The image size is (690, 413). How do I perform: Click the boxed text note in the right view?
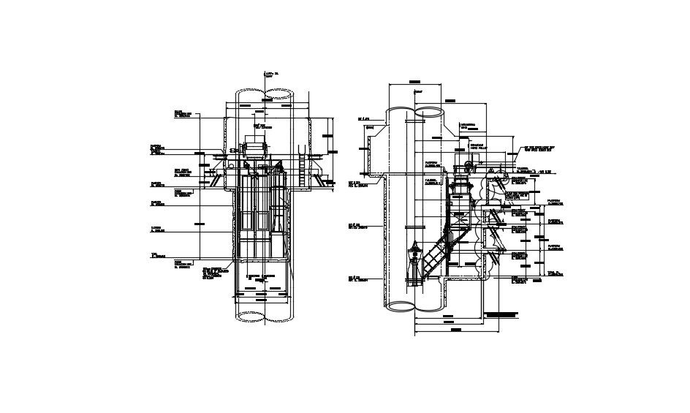[501, 314]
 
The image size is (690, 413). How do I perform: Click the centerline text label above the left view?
[270, 75]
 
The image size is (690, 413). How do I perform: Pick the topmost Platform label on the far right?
[556, 202]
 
